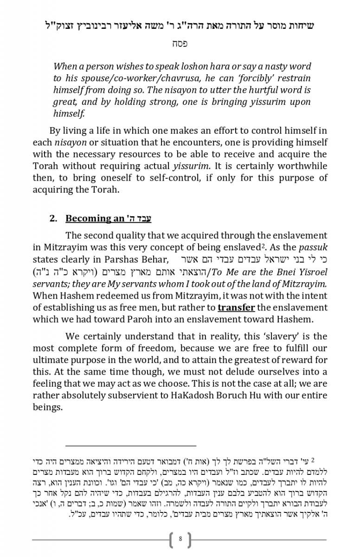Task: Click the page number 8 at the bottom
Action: (x=180, y=539)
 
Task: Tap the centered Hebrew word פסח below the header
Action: (x=180, y=44)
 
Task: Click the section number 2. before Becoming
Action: (x=53, y=218)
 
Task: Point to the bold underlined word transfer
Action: (x=236, y=307)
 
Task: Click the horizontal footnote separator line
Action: (x=131, y=445)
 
